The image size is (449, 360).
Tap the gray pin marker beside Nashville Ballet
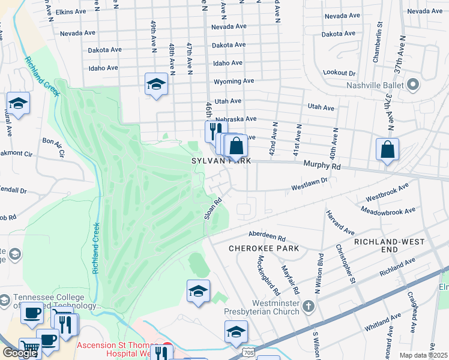412,85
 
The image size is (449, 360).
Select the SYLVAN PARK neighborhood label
220,161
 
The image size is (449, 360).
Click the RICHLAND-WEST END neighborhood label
389,245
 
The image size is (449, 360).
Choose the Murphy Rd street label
322,165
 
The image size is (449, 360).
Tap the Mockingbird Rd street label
268,275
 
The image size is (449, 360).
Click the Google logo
20,352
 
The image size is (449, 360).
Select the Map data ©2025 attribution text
423,355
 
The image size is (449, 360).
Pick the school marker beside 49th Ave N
156,85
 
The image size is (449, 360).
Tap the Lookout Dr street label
339,72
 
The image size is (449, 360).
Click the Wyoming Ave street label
234,81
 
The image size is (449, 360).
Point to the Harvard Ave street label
340,221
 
